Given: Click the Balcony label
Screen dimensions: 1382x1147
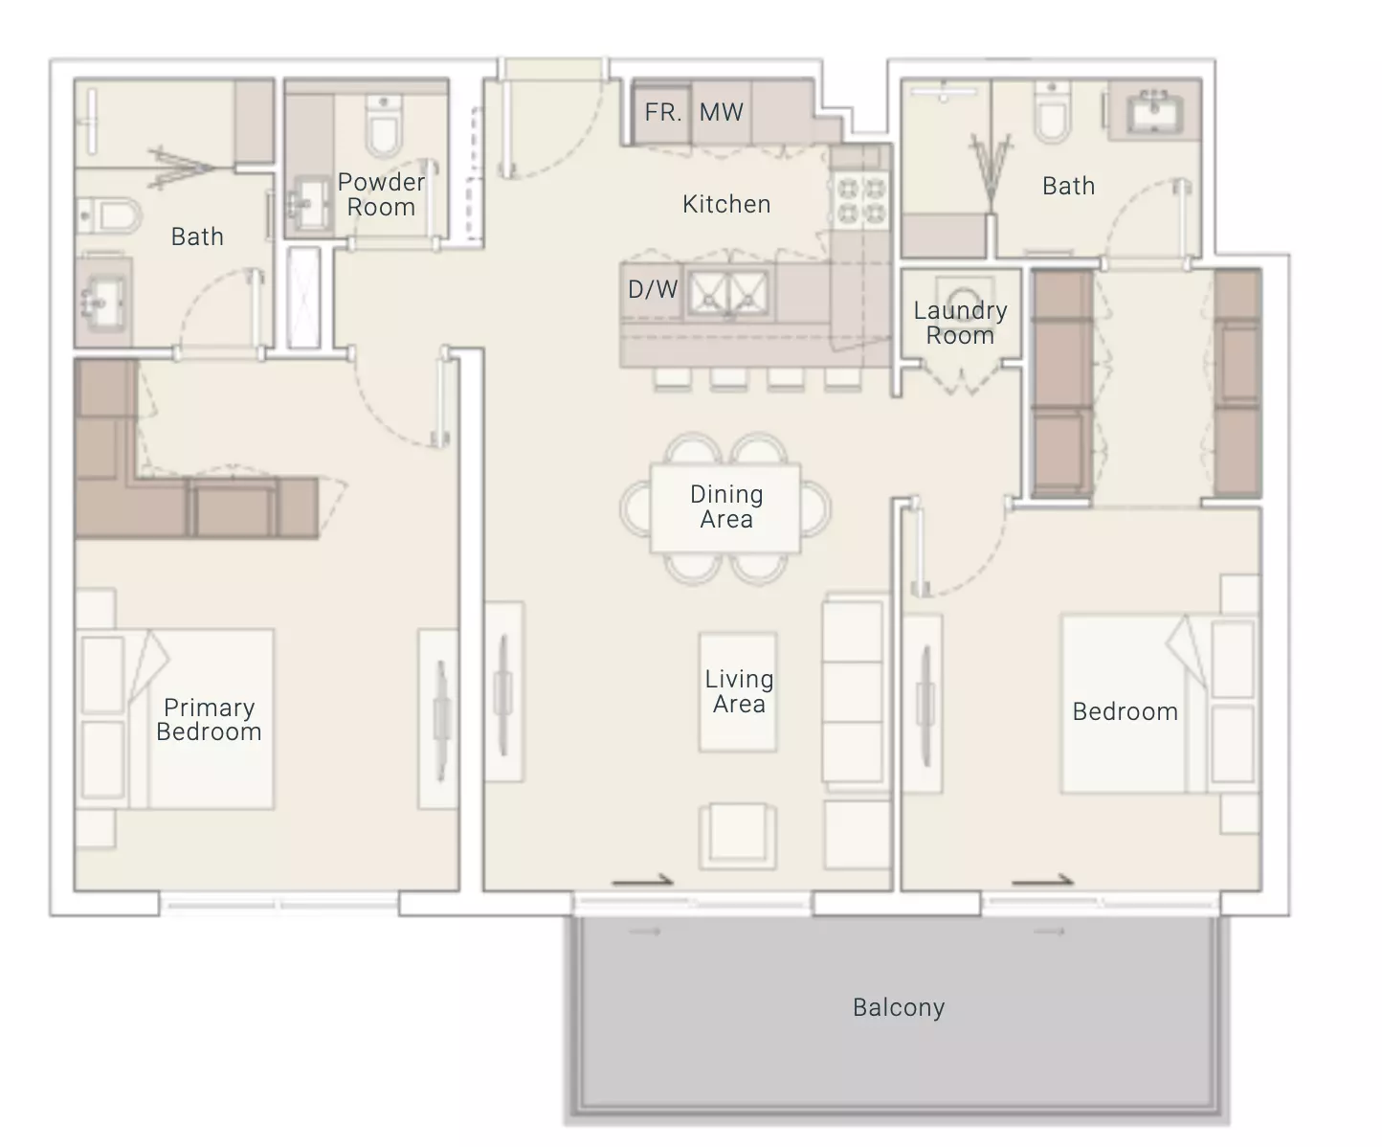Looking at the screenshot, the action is click(x=898, y=1007).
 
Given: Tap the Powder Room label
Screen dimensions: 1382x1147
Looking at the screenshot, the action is click(x=381, y=194).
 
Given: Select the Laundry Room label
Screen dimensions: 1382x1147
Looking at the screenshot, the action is click(x=960, y=323).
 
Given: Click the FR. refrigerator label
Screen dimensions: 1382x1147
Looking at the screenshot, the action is click(x=662, y=113).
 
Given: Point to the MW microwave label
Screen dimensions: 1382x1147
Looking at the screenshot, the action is click(x=721, y=113).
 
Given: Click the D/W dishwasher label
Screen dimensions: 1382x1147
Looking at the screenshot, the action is click(x=653, y=289).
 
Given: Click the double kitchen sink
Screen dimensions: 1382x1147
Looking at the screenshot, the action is click(x=728, y=292).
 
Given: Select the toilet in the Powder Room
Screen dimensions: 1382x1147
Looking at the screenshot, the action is click(x=384, y=125).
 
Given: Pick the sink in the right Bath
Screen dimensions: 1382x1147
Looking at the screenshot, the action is click(x=1154, y=111).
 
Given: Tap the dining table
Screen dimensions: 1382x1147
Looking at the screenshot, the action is click(x=725, y=508).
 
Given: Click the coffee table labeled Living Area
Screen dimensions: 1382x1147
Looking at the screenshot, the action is click(x=738, y=692).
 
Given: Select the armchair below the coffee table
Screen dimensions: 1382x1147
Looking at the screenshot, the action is click(x=738, y=836).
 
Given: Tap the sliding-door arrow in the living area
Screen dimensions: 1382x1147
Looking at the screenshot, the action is click(x=643, y=881).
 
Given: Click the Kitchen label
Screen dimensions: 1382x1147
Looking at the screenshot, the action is click(x=726, y=204).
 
